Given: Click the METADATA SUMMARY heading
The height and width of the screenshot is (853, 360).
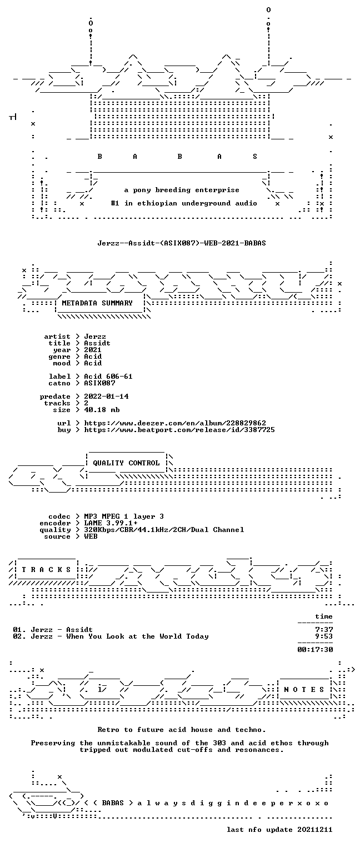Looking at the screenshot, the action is [97, 303].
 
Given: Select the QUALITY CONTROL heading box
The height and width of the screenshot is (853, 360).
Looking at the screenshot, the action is [126, 463].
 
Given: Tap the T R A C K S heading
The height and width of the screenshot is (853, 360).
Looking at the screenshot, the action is [46, 570].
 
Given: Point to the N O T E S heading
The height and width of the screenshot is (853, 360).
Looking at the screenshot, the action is [304, 690].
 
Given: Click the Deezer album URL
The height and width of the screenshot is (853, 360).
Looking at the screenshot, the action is [175, 423].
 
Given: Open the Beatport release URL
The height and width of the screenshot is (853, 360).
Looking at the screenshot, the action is [179, 430].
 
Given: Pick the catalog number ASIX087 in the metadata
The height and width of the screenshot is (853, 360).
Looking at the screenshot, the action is [99, 383].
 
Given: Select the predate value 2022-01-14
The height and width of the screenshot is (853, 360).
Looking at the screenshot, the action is [106, 397].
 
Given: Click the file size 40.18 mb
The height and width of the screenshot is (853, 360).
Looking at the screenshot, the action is [102, 410].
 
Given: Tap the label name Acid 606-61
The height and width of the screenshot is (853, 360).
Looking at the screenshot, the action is [108, 377].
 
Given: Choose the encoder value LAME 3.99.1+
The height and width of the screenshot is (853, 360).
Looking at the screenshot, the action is [111, 523].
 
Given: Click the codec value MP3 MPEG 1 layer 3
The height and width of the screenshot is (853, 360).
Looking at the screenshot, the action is [124, 516].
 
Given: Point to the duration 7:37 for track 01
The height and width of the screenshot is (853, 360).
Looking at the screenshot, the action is [324, 630].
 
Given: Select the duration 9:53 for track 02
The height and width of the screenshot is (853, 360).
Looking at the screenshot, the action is [324, 636].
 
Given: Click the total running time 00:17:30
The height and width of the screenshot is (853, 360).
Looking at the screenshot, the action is [315, 650].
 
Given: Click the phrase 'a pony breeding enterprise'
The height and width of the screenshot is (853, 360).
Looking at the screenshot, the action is [182, 190].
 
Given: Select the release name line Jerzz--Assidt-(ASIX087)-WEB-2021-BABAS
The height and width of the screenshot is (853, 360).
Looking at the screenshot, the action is [182, 243].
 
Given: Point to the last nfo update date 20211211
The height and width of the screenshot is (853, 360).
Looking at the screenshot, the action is [314, 830].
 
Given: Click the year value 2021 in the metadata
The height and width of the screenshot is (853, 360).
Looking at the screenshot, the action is [93, 350].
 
